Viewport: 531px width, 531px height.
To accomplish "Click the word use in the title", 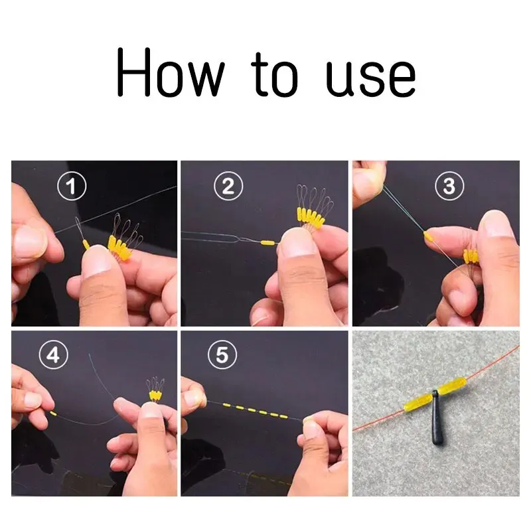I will pos(371,78).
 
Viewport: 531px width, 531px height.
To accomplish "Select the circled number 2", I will pos(228,187).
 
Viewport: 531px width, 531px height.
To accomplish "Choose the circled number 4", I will pos(52,356).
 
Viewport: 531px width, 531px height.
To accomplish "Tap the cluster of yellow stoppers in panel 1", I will pos(119,250).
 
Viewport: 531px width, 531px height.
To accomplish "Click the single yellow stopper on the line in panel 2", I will pos(267,243).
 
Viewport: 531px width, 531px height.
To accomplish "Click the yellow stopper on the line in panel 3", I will pos(429,236).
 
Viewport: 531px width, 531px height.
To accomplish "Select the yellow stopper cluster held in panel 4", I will pos(154,395).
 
